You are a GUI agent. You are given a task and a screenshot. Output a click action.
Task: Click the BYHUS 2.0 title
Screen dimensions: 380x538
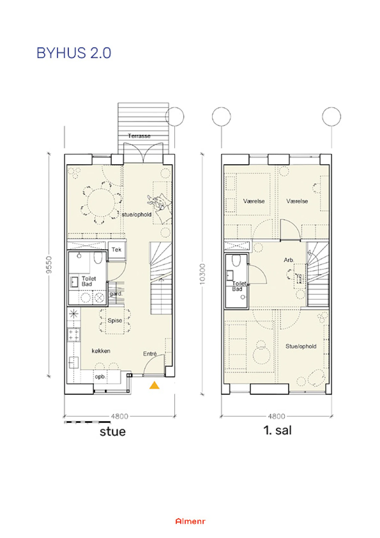pyautogui.click(x=74, y=53)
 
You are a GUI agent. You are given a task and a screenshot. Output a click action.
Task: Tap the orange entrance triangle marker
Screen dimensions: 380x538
pyautogui.click(x=154, y=385)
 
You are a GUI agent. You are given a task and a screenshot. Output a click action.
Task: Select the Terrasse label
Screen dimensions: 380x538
pyautogui.click(x=139, y=136)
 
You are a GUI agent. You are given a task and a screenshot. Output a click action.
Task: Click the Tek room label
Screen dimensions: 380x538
pyautogui.click(x=117, y=250)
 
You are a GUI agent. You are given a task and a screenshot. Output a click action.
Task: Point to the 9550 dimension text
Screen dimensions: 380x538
pyautogui.click(x=49, y=265)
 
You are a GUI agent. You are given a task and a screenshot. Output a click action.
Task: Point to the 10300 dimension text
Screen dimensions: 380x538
pyautogui.click(x=202, y=274)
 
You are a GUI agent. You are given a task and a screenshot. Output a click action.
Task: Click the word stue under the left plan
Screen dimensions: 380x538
pyautogui.click(x=113, y=432)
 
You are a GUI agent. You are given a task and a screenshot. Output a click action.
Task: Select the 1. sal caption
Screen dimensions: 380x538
pyautogui.click(x=277, y=430)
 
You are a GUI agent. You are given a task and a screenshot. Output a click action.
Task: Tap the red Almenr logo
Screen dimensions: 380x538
pyautogui.click(x=190, y=521)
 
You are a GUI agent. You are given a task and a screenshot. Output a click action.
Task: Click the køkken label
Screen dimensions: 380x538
pyautogui.click(x=101, y=351)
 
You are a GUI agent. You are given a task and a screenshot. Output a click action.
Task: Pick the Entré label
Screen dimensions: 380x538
pyautogui.click(x=150, y=354)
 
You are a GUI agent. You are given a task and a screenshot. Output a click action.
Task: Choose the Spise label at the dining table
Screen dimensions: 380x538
pyautogui.click(x=115, y=321)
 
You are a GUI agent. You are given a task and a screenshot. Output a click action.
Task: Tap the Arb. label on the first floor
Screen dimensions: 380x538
pyautogui.click(x=289, y=260)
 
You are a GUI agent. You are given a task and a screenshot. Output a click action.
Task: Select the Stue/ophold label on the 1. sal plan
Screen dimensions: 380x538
pyautogui.click(x=301, y=346)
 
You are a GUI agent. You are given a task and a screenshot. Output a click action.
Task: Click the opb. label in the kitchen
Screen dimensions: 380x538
pyautogui.click(x=100, y=377)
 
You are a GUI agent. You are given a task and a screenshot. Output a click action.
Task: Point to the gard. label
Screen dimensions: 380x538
pyautogui.click(x=116, y=294)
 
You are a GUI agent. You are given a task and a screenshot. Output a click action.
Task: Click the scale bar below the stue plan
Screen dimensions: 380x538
pyautogui.click(x=87, y=422)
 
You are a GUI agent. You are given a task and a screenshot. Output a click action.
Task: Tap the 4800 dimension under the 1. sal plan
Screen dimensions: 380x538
pyautogui.click(x=276, y=416)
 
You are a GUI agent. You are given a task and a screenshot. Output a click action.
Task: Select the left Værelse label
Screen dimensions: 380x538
pyautogui.click(x=254, y=201)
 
